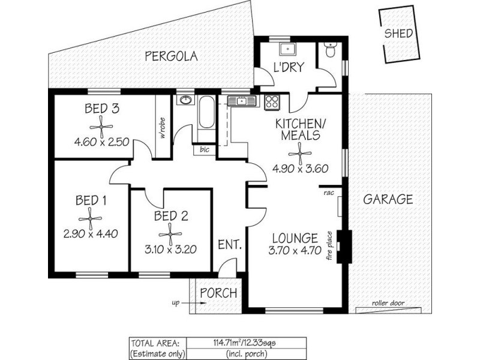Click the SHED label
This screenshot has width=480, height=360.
(x=398, y=33)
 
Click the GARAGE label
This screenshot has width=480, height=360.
(x=388, y=199)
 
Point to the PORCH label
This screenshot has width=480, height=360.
(x=218, y=294)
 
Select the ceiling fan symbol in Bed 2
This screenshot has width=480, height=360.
(x=170, y=234)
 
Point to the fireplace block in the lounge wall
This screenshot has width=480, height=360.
(x=343, y=246)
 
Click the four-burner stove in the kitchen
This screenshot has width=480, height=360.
(x=272, y=103)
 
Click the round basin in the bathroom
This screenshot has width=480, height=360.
(x=185, y=100)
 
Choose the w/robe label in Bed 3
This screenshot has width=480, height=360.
(x=162, y=127)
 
